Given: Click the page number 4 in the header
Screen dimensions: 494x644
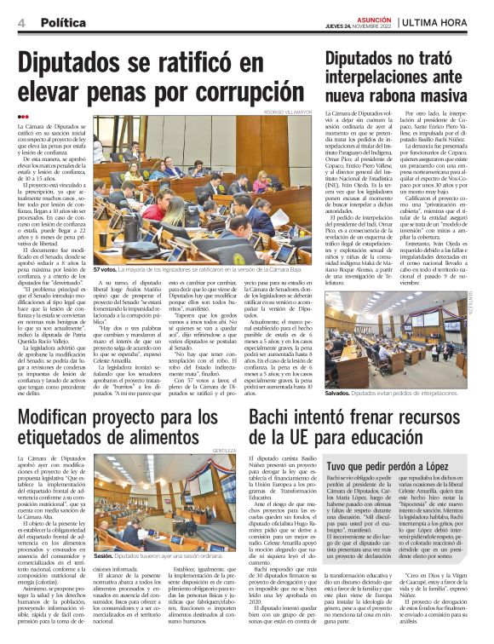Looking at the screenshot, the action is [x=21, y=23].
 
